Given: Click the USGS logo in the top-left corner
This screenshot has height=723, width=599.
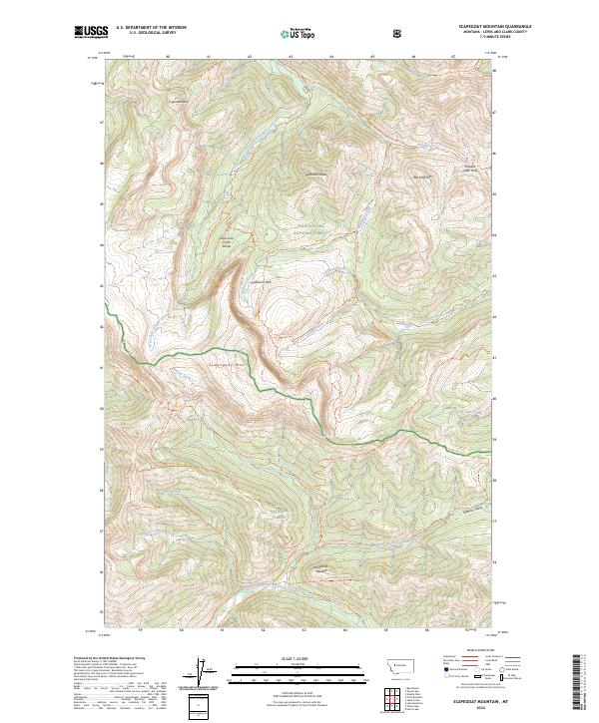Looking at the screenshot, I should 91,32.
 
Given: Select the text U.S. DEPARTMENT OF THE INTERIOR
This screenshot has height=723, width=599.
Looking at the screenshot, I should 150,26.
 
